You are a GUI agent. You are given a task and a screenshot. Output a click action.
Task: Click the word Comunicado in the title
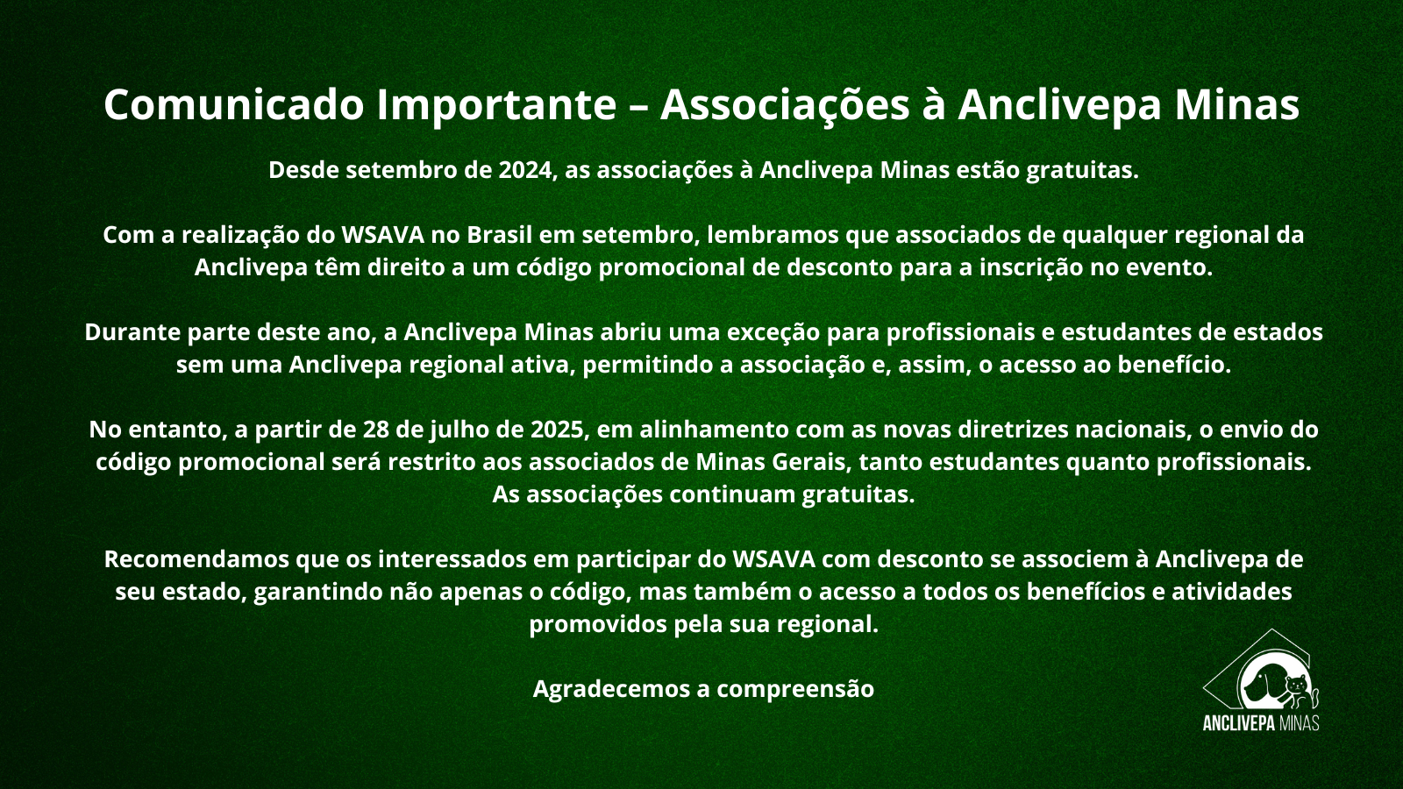click(x=233, y=104)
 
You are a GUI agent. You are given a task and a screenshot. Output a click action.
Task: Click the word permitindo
click(x=648, y=365)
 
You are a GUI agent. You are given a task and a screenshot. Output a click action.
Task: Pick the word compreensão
click(x=795, y=689)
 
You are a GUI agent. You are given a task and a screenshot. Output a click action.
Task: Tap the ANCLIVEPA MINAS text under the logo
click(x=1261, y=722)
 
